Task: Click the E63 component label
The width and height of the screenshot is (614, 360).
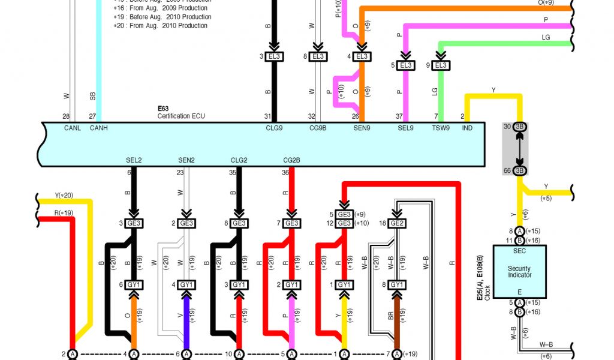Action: coord(163,109)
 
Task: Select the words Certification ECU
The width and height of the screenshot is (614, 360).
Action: coord(181,116)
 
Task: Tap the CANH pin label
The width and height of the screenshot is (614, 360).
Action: coord(98,128)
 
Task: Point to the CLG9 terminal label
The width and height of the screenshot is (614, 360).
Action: coord(273,128)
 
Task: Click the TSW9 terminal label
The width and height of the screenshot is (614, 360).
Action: coord(441,128)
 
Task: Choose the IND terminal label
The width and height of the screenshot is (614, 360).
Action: coord(467,128)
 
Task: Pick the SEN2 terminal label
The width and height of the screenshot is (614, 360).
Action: coord(187,160)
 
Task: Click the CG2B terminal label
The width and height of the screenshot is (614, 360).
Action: coord(292,160)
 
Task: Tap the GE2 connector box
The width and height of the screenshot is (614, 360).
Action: coord(396,223)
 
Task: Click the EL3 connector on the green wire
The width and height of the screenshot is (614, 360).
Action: coord(440,65)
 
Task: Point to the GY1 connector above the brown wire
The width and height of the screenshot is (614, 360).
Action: coord(396,284)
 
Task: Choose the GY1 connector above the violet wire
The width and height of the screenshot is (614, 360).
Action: coord(187,284)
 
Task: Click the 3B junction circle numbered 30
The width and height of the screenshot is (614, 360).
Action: coord(519,127)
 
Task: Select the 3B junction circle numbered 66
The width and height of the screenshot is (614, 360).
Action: coord(519,171)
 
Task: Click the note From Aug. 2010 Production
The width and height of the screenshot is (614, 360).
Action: coord(168,26)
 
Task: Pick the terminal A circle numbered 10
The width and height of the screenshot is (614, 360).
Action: coord(239,354)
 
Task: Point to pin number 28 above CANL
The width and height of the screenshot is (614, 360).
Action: coord(66,116)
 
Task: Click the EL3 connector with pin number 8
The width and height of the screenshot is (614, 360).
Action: coord(318,56)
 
